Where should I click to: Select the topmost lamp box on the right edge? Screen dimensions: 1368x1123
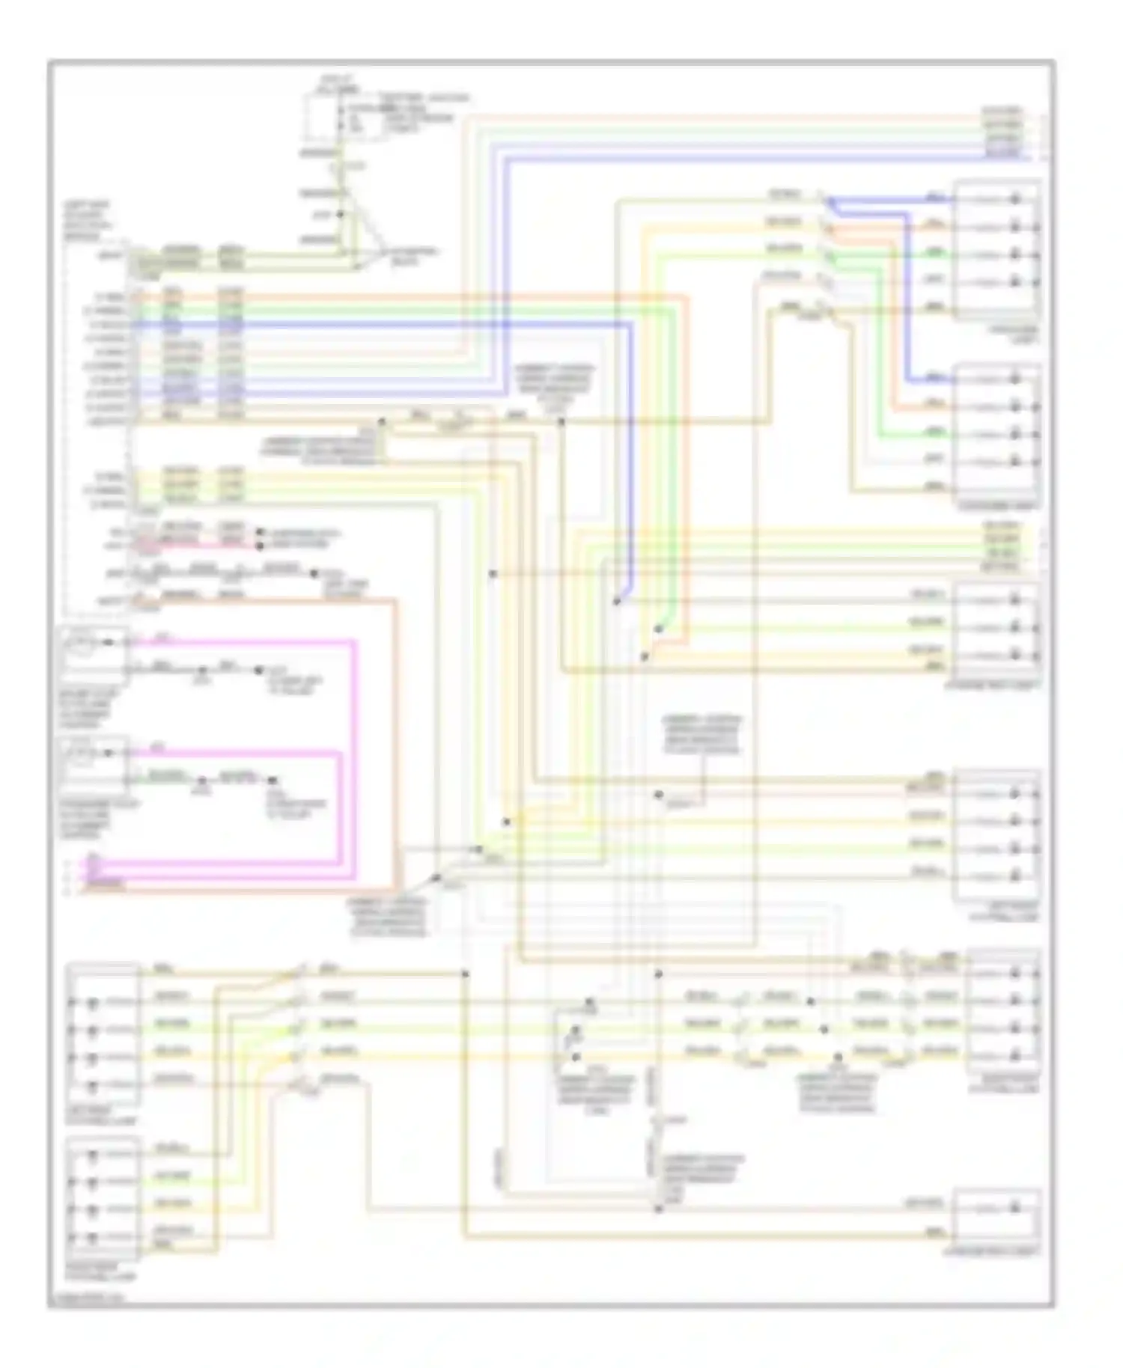click(x=996, y=248)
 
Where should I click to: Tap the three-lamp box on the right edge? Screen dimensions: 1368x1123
click(x=996, y=627)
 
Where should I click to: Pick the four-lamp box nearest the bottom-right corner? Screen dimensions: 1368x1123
click(x=1002, y=1014)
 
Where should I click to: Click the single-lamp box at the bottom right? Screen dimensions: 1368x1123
click(x=996, y=1217)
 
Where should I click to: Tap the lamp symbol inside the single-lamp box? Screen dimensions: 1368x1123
click(x=1015, y=1207)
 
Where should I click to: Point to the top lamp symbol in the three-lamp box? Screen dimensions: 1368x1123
click(x=1015, y=599)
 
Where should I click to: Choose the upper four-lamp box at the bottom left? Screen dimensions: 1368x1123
click(x=103, y=1035)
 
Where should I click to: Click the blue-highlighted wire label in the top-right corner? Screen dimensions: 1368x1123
click(x=1002, y=153)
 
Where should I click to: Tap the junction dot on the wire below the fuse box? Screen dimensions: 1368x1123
click(x=341, y=214)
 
